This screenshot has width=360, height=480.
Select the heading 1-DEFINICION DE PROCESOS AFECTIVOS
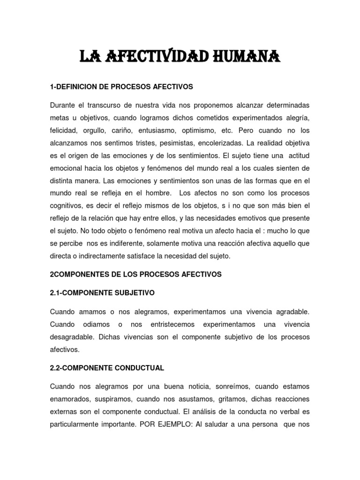click(121, 87)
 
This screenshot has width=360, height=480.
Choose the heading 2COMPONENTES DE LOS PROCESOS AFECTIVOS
click(135, 274)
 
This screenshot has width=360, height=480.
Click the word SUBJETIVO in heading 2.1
click(132, 293)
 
